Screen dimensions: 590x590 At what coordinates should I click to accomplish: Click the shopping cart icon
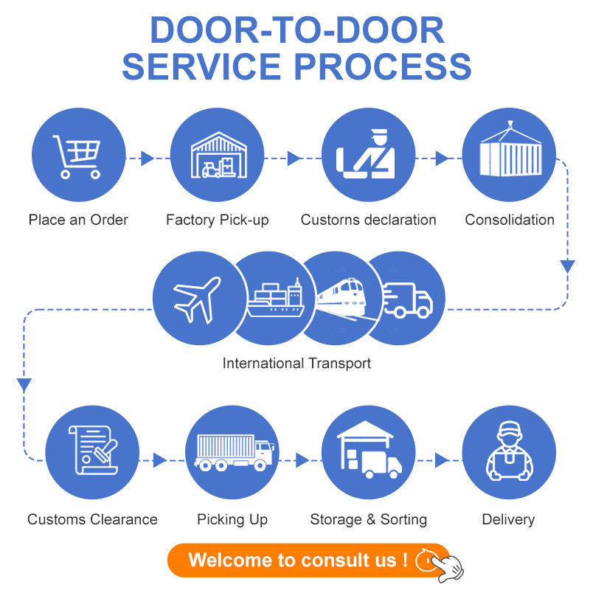[77, 156]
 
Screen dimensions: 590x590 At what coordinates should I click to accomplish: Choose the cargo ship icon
[275, 299]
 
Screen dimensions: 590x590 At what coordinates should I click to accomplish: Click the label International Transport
[296, 363]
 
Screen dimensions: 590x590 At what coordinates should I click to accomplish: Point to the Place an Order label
[78, 220]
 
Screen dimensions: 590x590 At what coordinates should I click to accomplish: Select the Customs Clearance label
[92, 519]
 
